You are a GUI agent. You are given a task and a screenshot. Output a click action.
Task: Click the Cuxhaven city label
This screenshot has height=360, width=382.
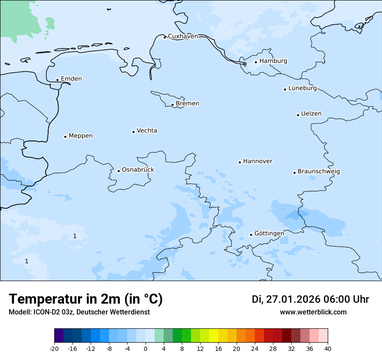(x=183, y=36)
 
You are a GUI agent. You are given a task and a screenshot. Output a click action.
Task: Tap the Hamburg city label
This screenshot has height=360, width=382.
(x=273, y=61)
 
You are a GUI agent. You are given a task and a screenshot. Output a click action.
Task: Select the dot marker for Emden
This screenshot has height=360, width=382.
(x=57, y=80)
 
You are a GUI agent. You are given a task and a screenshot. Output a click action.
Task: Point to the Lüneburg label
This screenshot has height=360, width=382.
(x=302, y=88)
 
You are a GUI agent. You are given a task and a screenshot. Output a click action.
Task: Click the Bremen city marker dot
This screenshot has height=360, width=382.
(x=172, y=105)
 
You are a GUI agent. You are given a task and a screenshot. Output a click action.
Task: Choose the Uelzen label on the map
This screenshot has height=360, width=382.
(x=311, y=114)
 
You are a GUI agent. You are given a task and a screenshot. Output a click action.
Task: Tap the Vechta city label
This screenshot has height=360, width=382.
(x=147, y=131)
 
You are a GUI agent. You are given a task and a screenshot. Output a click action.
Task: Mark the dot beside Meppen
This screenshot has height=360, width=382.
(x=65, y=137)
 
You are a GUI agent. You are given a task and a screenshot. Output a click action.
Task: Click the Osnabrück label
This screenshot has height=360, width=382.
(x=138, y=170)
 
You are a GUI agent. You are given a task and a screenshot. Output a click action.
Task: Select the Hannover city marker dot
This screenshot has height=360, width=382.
(x=240, y=162)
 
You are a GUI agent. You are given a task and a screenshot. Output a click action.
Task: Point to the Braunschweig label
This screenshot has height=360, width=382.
(x=319, y=172)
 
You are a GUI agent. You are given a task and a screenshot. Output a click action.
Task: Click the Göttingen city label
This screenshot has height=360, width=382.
(x=269, y=233)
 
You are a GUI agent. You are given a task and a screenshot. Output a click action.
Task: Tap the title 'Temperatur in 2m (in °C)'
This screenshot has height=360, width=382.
(x=86, y=299)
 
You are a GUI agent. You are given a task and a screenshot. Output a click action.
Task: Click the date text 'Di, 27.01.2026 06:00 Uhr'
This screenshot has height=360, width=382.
(x=310, y=299)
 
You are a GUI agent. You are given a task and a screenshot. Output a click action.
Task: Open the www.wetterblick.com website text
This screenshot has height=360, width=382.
(x=313, y=312)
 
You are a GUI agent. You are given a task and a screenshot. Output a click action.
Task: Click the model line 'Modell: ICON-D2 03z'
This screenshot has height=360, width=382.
(x=79, y=312)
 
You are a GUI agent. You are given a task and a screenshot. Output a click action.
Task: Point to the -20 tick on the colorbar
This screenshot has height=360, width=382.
(x=54, y=348)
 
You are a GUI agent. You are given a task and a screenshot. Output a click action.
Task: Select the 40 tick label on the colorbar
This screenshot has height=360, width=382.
(x=328, y=348)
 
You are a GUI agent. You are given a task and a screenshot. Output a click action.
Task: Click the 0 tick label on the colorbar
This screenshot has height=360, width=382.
(x=145, y=348)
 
